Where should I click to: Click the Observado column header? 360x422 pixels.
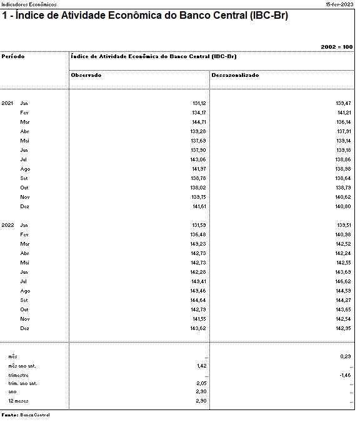[x=86, y=75]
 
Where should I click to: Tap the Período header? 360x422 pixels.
[x=13, y=56]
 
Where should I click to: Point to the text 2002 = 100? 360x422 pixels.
[x=336, y=47]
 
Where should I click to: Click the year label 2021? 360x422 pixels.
[x=7, y=103]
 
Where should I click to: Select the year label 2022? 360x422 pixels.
[x=7, y=225]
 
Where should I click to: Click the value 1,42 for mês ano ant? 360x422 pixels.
[x=201, y=365]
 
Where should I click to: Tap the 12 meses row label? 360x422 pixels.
[x=18, y=401]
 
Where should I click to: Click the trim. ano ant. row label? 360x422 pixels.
[x=23, y=383]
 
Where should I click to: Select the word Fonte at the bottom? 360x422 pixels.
[x=9, y=414]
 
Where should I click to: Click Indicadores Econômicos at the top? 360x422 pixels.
[x=29, y=4]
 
